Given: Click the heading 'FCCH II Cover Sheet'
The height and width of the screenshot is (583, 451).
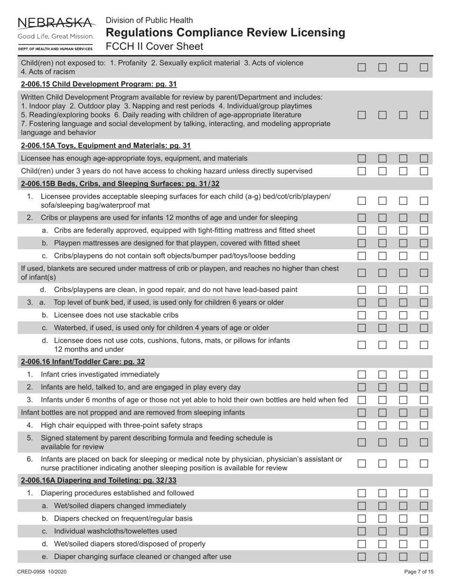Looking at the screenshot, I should point(154,46).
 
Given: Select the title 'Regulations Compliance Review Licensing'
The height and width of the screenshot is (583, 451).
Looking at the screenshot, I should point(225,33).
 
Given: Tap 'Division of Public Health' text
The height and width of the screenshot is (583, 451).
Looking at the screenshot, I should point(149,20).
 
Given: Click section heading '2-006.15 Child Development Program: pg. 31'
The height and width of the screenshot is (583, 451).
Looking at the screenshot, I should point(99,84).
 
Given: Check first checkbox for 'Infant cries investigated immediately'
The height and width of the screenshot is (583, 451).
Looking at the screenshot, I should point(362,374).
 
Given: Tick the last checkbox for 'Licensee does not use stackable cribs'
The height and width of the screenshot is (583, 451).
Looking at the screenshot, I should point(424,315).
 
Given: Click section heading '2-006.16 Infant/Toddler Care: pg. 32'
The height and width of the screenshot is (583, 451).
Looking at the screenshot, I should point(83,362).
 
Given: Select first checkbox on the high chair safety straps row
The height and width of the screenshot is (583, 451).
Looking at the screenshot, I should point(362,425).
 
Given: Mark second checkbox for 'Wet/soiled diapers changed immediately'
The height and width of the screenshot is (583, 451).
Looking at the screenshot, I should point(383,506).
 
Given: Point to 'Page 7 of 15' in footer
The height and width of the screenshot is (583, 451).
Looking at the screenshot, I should point(419,572).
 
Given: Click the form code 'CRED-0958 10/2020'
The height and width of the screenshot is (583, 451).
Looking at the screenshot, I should point(42,572).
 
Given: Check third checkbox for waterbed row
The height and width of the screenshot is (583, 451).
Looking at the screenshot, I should point(403,328).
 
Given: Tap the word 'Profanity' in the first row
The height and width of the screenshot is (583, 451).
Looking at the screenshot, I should point(133,63).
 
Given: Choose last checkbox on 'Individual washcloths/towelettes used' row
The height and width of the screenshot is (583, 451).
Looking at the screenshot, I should point(424,531).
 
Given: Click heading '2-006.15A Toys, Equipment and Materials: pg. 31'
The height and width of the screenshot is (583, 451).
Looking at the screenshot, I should point(106,146).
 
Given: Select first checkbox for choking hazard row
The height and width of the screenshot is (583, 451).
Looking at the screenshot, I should point(362,171).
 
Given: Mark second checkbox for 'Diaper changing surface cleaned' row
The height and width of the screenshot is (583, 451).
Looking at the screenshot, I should point(383,556).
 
